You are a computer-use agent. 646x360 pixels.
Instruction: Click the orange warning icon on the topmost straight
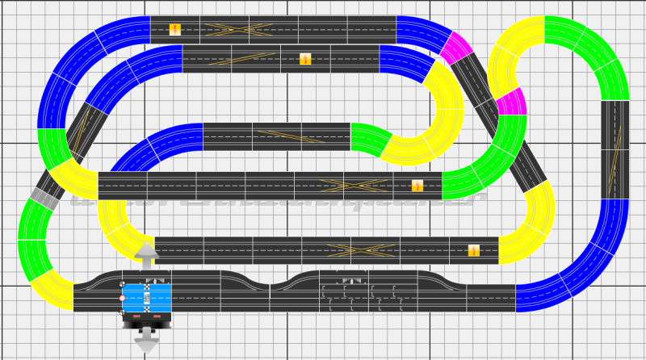coord(175,30)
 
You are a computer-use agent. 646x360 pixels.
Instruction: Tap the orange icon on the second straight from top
coord(305,58)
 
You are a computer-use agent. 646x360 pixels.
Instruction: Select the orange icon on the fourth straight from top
coord(417,186)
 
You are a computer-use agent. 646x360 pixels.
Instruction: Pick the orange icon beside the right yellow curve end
coord(474,249)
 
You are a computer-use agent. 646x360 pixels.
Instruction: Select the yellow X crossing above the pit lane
coord(351,249)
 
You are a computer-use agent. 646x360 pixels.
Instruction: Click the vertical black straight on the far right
coord(615,149)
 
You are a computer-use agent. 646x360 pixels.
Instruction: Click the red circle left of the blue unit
coord(122,299)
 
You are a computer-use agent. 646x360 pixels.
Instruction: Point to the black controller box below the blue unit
coord(146,320)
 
